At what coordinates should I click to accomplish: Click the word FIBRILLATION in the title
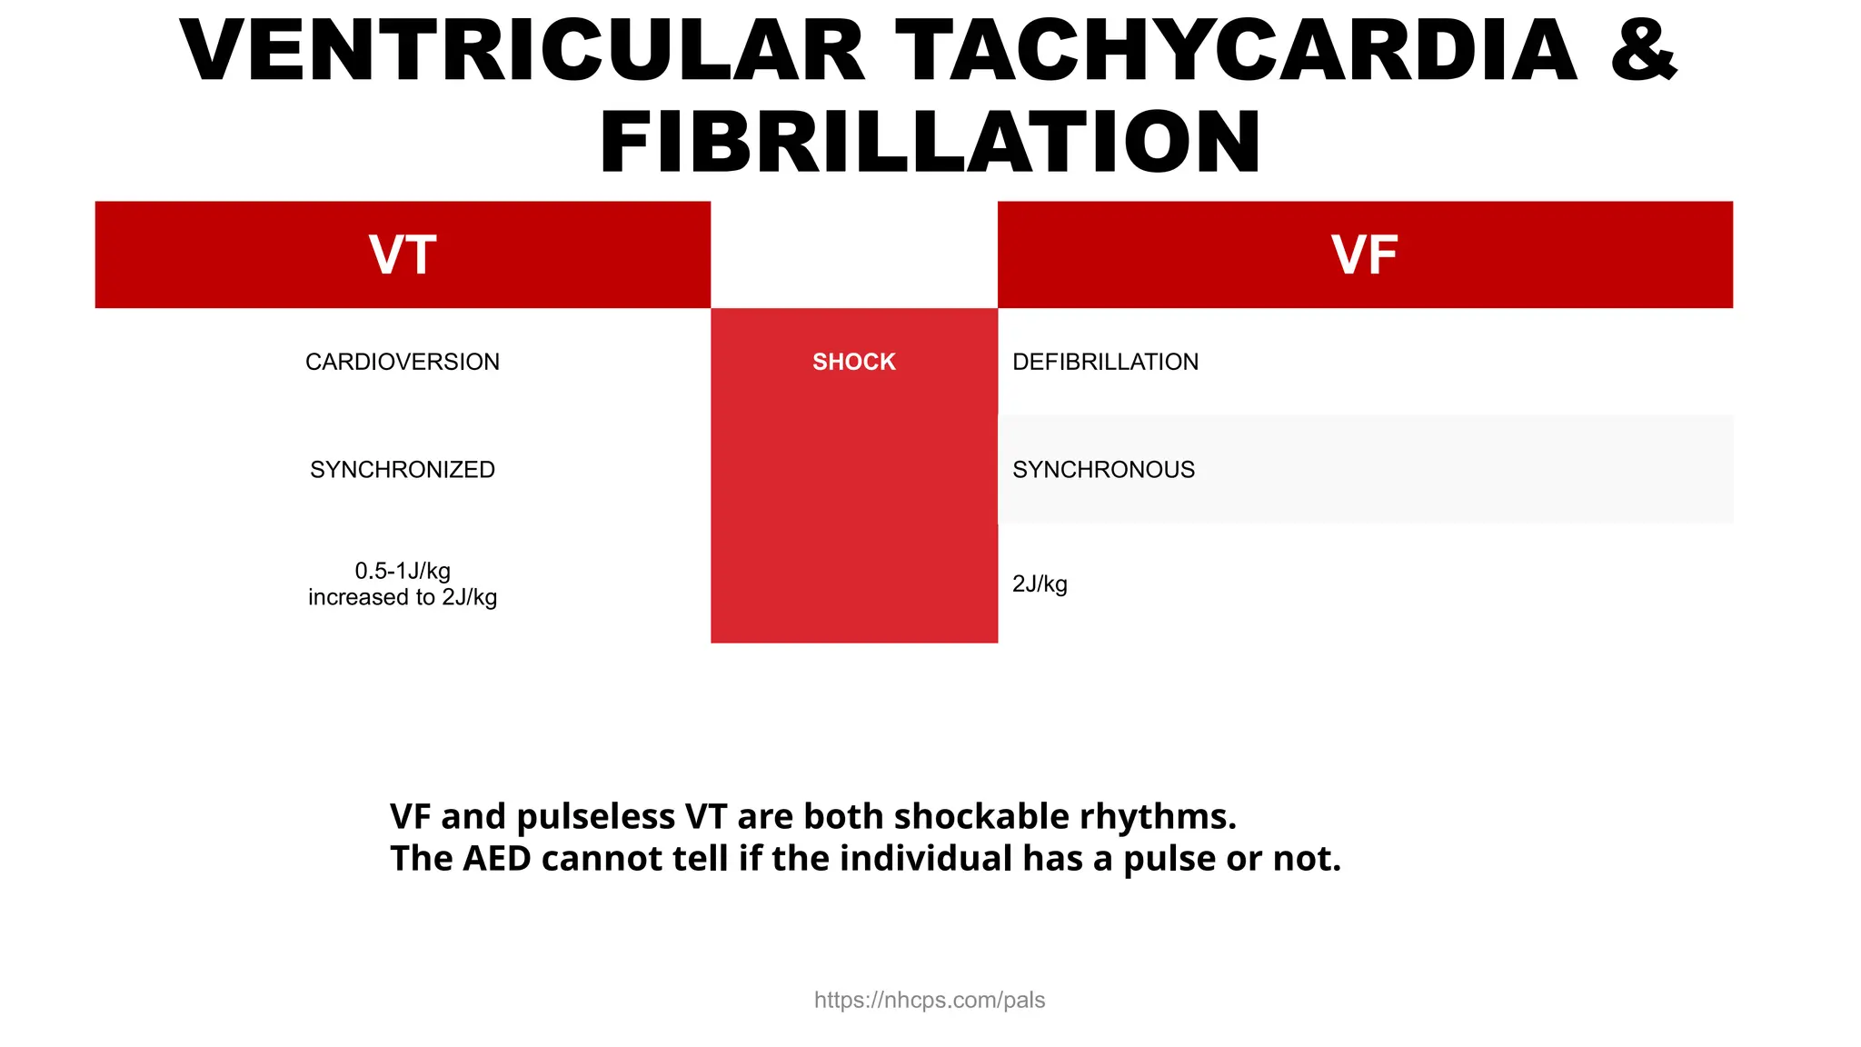click(x=930, y=143)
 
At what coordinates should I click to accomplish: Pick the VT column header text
click(x=403, y=255)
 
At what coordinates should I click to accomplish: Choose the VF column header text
click(x=1364, y=255)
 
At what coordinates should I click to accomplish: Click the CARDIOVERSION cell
click(x=403, y=362)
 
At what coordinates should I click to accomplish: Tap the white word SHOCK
click(x=853, y=362)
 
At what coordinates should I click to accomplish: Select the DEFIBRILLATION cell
click(x=1105, y=362)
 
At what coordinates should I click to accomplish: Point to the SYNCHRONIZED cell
click(x=403, y=470)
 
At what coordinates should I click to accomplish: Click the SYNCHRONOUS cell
click(x=1103, y=470)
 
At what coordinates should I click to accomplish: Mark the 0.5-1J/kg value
click(x=403, y=571)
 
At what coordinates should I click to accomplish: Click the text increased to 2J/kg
click(x=403, y=597)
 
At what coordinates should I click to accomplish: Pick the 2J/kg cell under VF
click(x=1040, y=583)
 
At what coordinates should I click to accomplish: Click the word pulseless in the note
click(x=596, y=816)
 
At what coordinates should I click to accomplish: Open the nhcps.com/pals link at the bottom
click(x=929, y=1000)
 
